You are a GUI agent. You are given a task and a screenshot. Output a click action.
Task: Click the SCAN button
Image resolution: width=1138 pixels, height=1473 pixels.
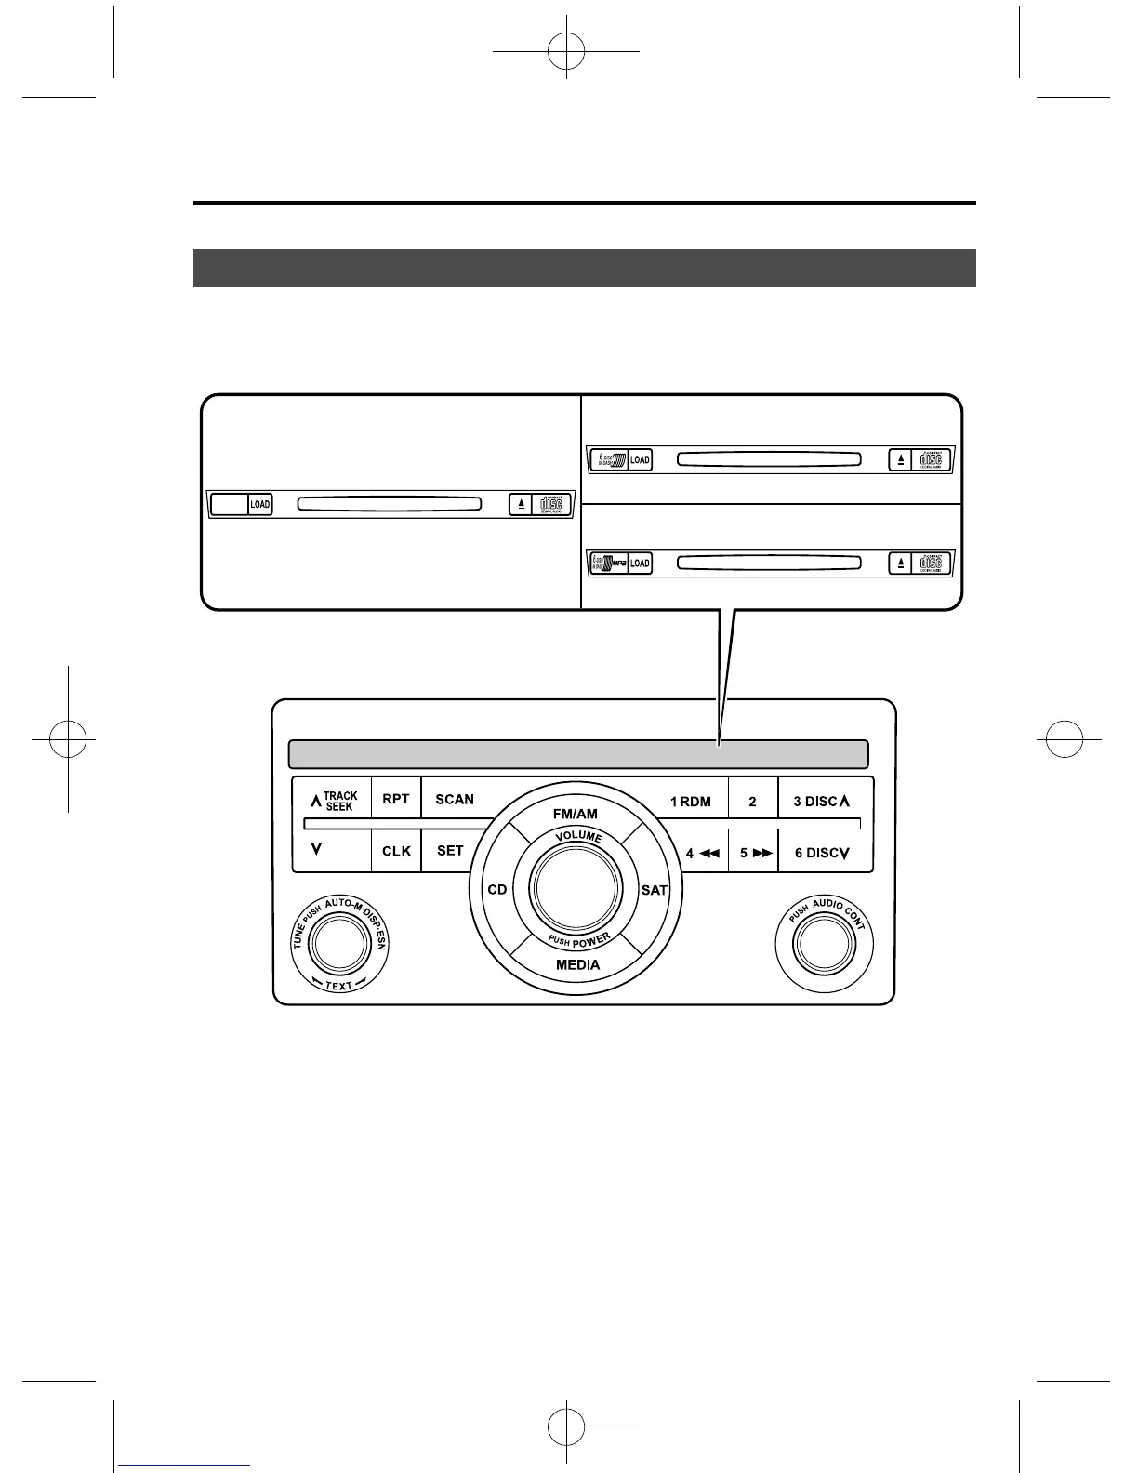pyautogui.click(x=454, y=799)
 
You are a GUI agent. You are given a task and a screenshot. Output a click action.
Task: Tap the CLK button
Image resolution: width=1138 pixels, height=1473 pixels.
pyautogui.click(x=396, y=851)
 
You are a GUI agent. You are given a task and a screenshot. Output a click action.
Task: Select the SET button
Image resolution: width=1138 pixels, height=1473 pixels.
pyautogui.click(x=449, y=851)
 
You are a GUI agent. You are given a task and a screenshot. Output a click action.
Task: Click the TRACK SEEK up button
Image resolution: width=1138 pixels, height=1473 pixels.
pyautogui.click(x=332, y=800)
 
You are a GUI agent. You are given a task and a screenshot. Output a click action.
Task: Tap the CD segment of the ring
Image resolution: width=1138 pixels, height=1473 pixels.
pyautogui.click(x=497, y=890)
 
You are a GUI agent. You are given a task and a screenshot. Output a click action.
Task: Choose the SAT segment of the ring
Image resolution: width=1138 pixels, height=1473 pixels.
pyautogui.click(x=655, y=890)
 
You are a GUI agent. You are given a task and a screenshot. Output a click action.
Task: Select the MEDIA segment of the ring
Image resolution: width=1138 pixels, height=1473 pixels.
pyautogui.click(x=577, y=964)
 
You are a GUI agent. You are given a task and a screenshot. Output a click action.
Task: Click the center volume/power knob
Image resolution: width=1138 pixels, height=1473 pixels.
pyautogui.click(x=576, y=888)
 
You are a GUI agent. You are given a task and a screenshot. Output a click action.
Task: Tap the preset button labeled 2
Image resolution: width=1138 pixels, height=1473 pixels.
pyautogui.click(x=752, y=801)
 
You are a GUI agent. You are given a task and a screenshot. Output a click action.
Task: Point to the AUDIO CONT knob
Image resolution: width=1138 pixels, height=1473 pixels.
pyautogui.click(x=823, y=944)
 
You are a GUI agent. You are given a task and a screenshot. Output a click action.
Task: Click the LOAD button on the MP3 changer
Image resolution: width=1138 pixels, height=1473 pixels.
pyautogui.click(x=640, y=564)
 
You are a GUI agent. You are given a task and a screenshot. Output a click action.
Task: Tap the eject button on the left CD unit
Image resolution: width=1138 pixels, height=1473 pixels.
pyautogui.click(x=522, y=504)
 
